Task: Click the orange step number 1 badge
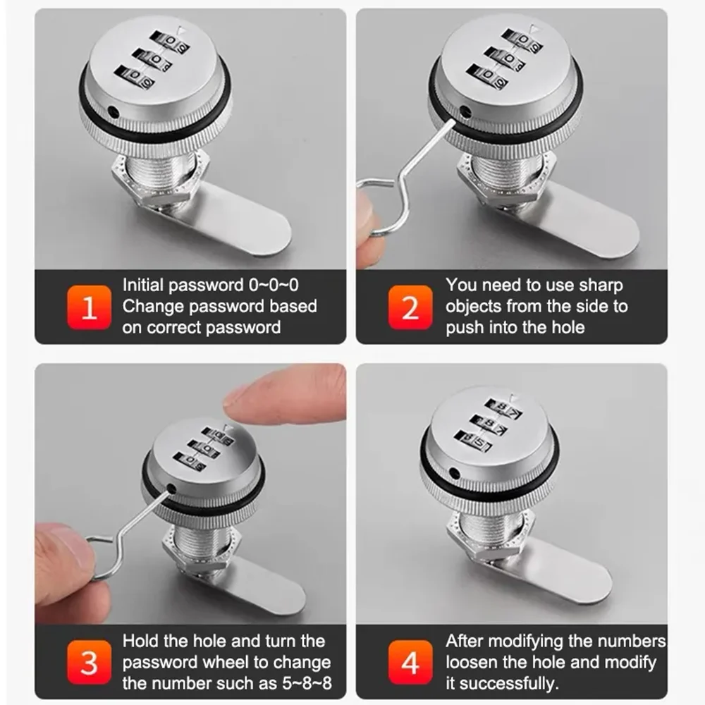click(x=89, y=307)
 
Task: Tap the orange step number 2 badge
click(x=410, y=307)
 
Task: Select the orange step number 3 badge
click(x=89, y=662)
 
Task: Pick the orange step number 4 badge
click(x=410, y=662)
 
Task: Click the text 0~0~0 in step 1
click(x=274, y=285)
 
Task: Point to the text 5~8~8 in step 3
click(x=307, y=683)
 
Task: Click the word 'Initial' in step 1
click(x=142, y=285)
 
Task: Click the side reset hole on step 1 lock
click(x=113, y=111)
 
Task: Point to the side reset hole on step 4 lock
click(x=455, y=473)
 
